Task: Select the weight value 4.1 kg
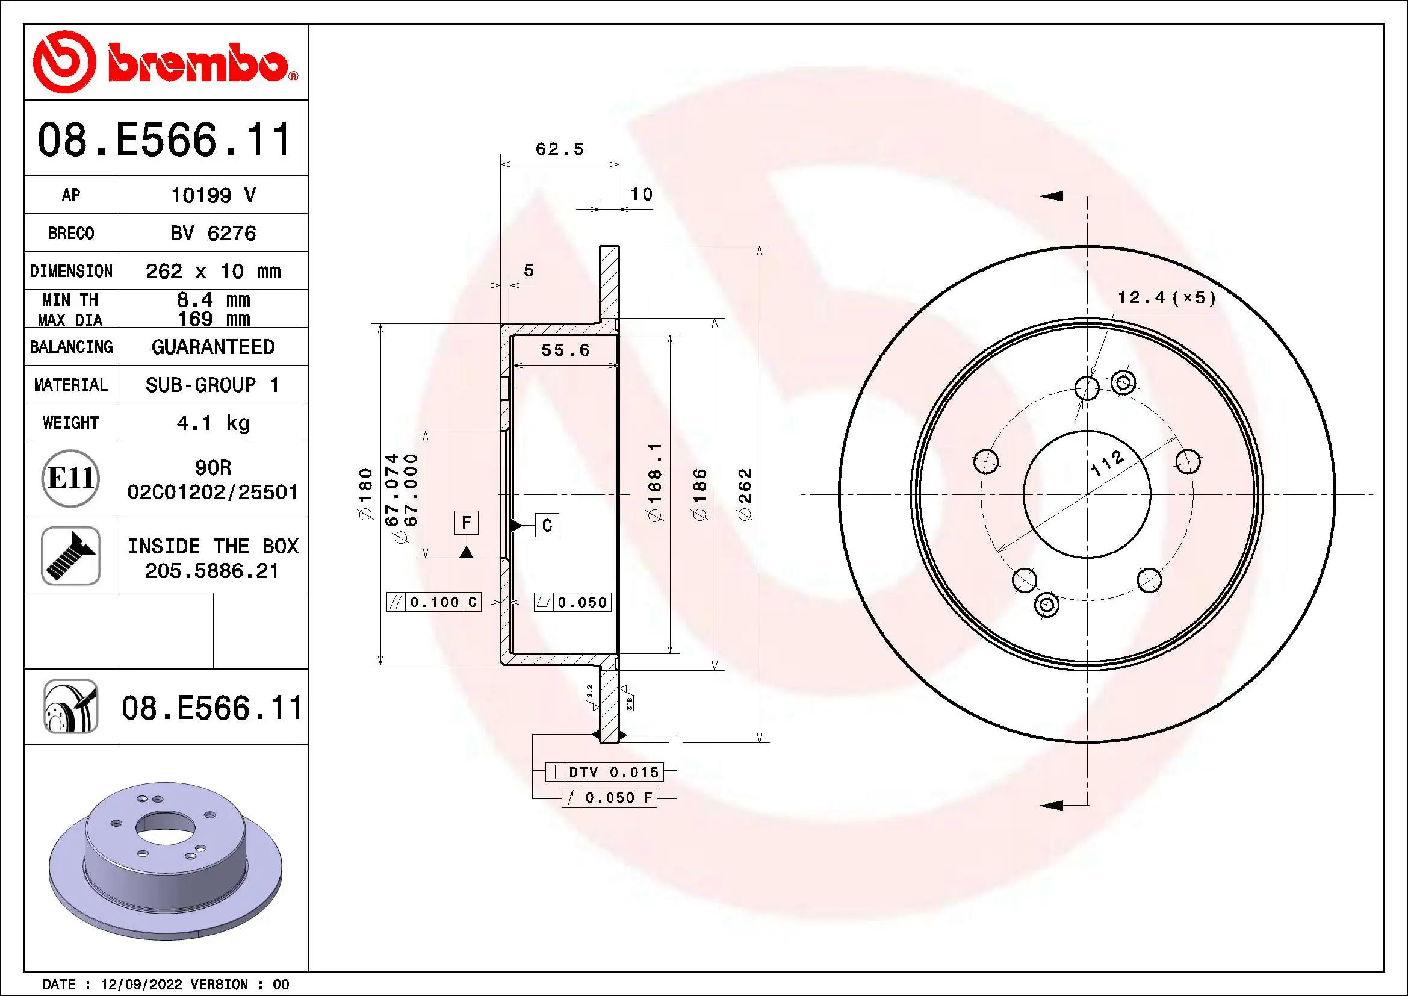(x=212, y=423)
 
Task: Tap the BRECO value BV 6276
(x=212, y=233)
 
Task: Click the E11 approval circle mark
(x=70, y=478)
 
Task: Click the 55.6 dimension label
(x=565, y=350)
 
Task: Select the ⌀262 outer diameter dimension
(x=745, y=494)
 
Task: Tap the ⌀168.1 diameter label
(x=656, y=483)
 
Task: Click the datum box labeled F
(x=466, y=523)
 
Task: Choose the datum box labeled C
(x=547, y=525)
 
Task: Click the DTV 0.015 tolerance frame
(x=604, y=772)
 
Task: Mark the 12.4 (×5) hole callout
(x=1166, y=298)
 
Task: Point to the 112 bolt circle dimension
(x=1108, y=464)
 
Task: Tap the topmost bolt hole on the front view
(x=1087, y=387)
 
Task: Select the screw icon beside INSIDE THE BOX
(x=70, y=556)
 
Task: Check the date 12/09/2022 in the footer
(x=141, y=984)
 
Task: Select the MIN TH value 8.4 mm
(x=212, y=299)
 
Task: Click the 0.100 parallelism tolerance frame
(x=433, y=602)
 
